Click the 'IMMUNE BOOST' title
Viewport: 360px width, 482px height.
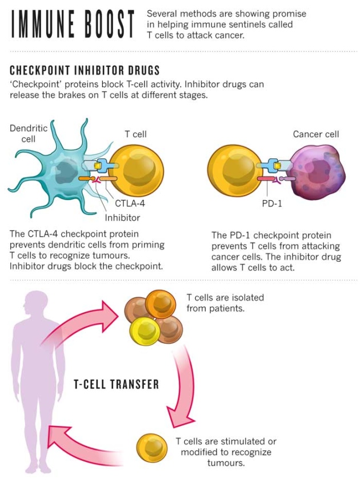coord(73,23)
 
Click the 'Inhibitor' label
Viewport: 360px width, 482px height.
coord(122,217)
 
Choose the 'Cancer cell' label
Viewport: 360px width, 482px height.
coord(315,134)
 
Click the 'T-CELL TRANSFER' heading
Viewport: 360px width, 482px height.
coord(117,384)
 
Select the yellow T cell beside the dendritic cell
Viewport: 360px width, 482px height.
coord(136,172)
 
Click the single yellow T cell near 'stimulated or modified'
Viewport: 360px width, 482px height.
coord(153,448)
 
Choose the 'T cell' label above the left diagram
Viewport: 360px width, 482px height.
coord(135,134)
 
